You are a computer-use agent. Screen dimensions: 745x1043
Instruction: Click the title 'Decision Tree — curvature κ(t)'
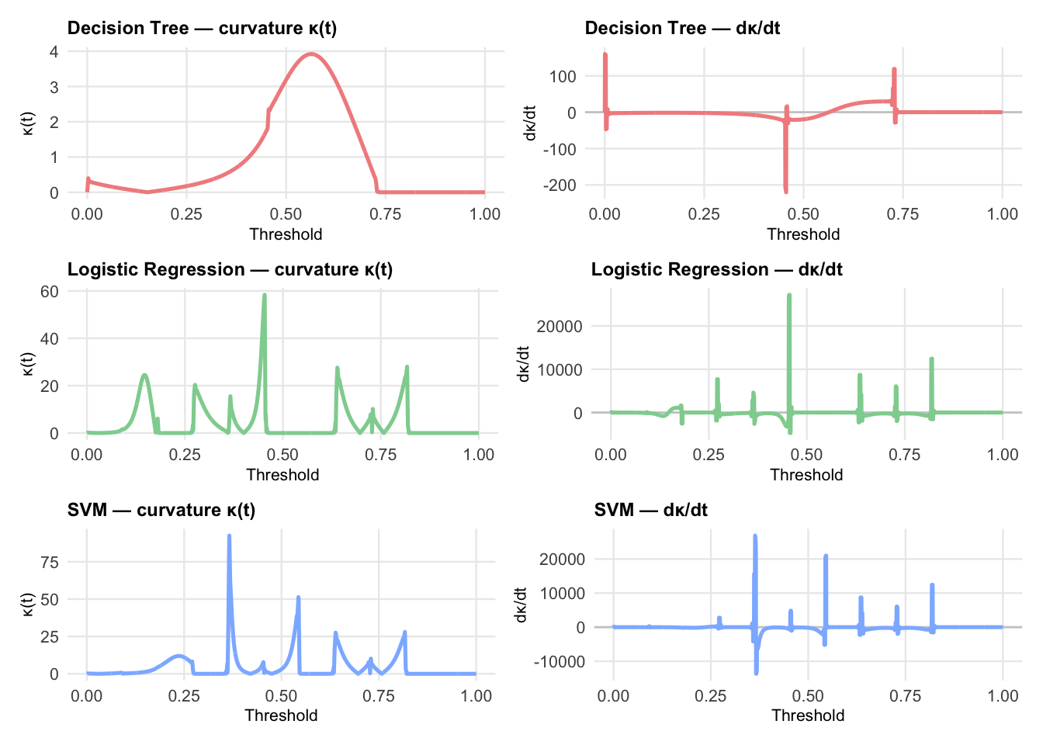(x=202, y=29)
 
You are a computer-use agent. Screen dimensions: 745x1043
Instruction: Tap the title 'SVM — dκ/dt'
(x=650, y=510)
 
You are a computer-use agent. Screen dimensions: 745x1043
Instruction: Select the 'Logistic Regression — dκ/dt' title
(x=716, y=269)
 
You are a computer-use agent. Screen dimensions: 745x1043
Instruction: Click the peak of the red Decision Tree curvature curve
(x=311, y=54)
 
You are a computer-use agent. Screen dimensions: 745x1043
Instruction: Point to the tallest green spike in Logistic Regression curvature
(x=265, y=296)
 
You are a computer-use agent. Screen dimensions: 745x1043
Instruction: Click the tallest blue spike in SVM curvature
(x=229, y=536)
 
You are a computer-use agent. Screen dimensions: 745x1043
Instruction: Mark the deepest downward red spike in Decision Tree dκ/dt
(x=785, y=190)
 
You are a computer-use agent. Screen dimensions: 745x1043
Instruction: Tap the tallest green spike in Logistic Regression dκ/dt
(x=789, y=296)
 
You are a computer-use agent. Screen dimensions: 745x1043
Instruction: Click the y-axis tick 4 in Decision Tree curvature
(x=54, y=52)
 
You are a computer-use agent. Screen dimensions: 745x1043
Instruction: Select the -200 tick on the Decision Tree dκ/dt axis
(x=560, y=185)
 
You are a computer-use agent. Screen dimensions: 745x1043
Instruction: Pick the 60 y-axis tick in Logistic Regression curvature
(x=49, y=291)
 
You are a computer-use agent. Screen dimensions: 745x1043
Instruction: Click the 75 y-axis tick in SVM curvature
(x=49, y=562)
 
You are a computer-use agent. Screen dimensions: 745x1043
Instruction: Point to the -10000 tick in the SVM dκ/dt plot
(x=560, y=661)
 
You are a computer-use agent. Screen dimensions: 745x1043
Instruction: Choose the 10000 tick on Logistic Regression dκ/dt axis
(x=560, y=369)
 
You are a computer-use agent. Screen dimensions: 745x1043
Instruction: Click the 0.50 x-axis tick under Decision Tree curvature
(x=286, y=214)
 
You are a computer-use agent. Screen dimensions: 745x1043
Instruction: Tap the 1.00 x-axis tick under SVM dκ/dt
(x=1003, y=695)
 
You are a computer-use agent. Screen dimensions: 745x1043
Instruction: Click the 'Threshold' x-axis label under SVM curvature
(x=281, y=715)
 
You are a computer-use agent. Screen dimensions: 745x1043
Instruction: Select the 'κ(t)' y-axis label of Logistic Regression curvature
(x=28, y=363)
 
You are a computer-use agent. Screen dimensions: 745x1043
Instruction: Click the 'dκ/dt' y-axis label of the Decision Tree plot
(x=530, y=123)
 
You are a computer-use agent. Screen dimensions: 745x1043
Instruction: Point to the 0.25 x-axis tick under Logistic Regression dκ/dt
(x=709, y=455)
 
